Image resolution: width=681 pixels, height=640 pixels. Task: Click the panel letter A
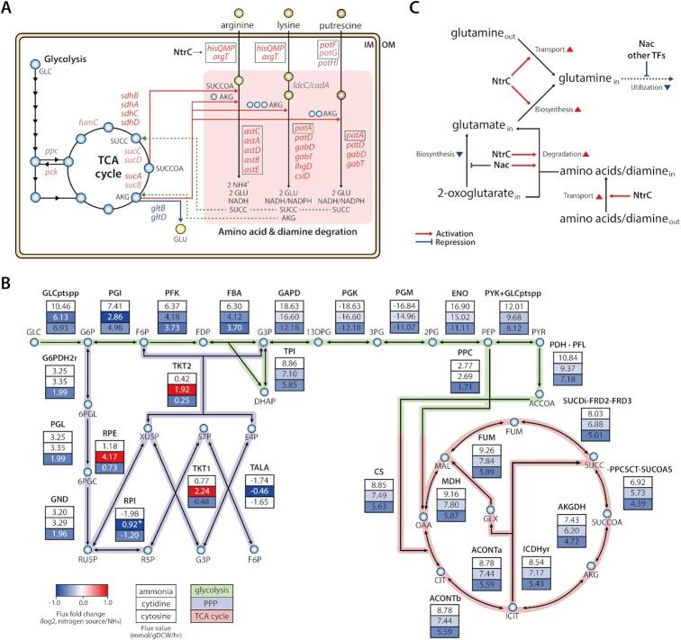point(8,8)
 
